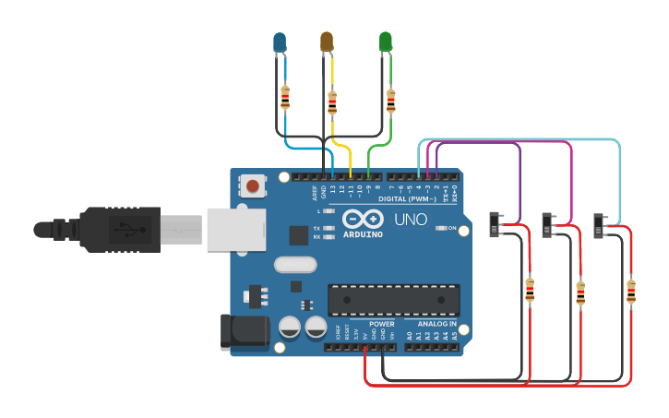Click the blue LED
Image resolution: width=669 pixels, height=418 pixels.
[280, 42]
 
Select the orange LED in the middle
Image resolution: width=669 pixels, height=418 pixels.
[326, 42]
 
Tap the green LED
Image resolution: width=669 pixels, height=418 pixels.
[386, 42]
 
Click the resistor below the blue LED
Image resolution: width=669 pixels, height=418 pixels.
[285, 95]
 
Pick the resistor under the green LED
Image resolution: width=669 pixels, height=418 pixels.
[391, 100]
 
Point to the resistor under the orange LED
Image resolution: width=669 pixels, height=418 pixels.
[332, 102]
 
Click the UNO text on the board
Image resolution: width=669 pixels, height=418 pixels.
[411, 221]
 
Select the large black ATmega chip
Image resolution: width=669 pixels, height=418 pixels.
[394, 300]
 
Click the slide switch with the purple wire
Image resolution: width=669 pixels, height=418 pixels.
[496, 223]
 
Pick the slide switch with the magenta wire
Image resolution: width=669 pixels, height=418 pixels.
[549, 223]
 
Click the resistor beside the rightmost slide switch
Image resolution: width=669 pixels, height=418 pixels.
[631, 291]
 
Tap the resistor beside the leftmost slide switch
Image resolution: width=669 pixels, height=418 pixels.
[529, 291]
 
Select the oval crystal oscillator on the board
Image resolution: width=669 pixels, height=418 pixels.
[295, 265]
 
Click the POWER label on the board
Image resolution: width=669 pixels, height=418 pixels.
[381, 324]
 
